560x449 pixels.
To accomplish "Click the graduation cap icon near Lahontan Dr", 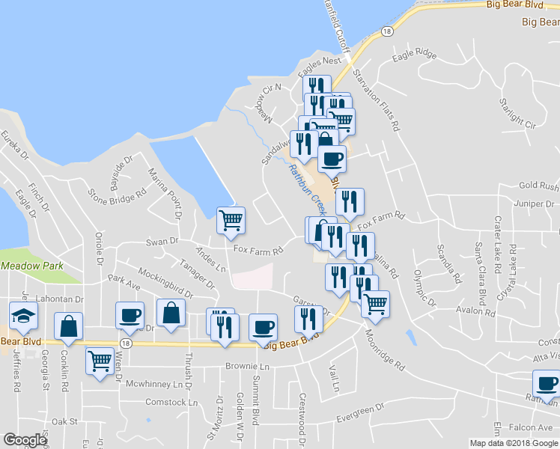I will [23, 315].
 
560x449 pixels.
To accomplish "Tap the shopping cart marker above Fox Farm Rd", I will [231, 220].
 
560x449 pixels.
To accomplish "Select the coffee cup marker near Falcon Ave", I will [546, 384].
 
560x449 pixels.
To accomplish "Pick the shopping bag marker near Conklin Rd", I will [68, 326].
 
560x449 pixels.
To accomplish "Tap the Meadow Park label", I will [28, 266].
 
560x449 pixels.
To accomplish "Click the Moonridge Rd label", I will [385, 349].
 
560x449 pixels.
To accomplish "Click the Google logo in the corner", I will [25, 440].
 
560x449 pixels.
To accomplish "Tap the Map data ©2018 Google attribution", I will [514, 443].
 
